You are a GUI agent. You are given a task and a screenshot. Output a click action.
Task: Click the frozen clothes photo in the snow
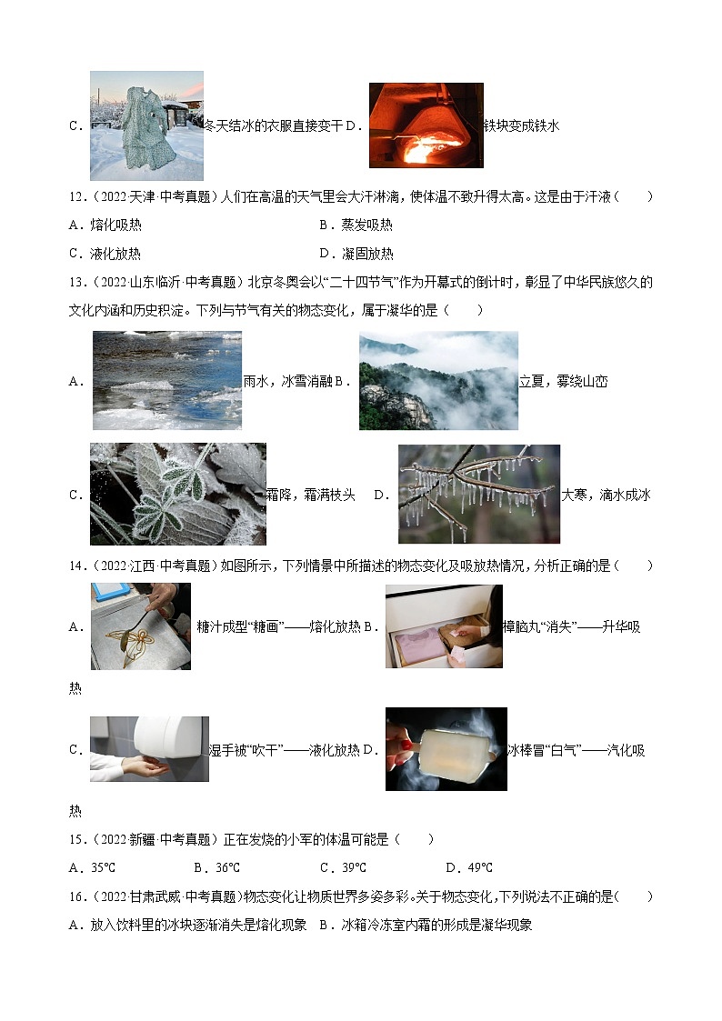146,125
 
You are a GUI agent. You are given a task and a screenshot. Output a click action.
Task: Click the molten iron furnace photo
426,125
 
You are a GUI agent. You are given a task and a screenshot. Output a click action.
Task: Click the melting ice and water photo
167,380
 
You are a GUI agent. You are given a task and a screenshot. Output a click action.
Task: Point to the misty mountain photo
438,380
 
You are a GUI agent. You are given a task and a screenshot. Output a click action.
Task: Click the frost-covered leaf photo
177,494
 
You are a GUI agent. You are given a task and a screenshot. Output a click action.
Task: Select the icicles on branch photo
478,494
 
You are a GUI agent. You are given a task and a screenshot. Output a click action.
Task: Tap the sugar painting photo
141,626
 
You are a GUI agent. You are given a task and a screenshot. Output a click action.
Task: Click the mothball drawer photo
444,626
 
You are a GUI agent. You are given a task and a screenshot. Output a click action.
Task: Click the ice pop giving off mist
446,748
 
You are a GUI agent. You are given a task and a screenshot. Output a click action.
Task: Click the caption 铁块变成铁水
522,125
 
